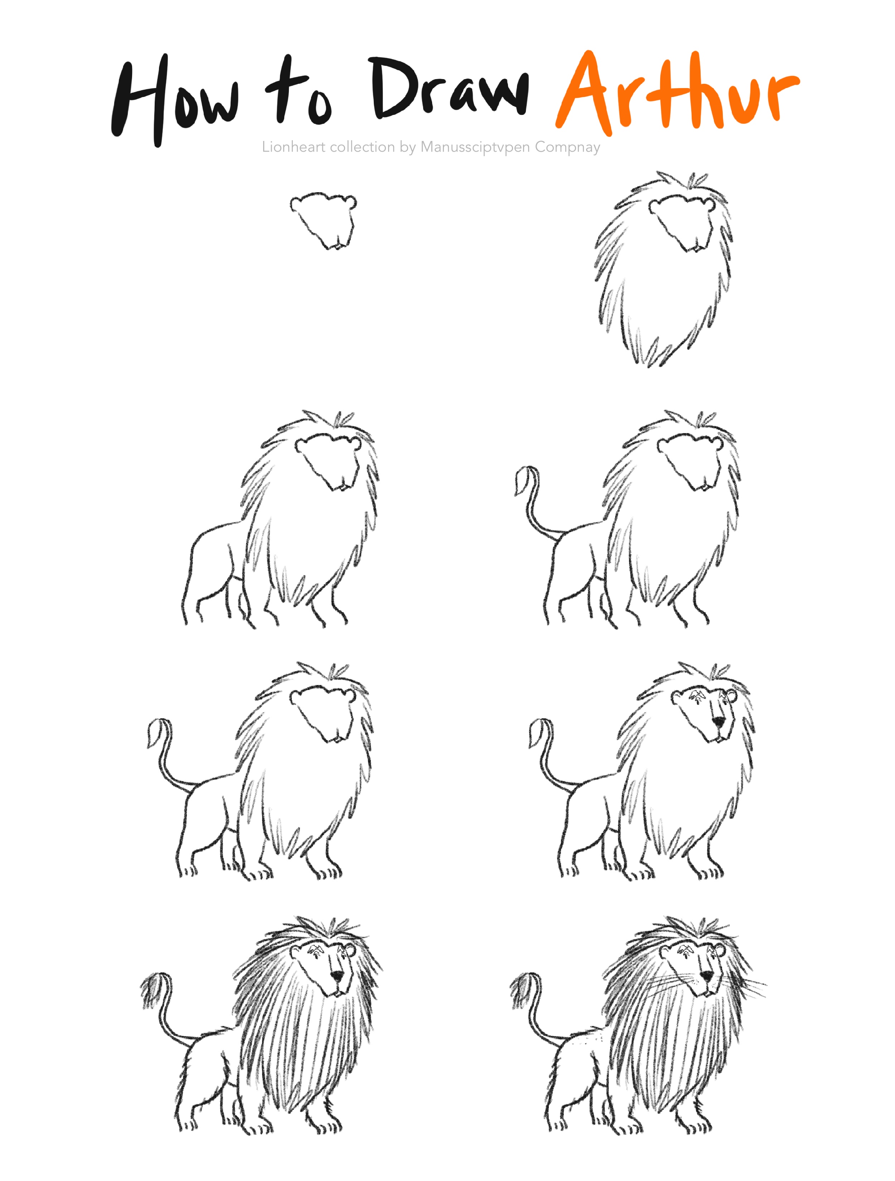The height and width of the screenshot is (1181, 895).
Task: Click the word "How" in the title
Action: click(x=175, y=100)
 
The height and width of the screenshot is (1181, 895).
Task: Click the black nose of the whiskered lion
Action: click(x=706, y=976)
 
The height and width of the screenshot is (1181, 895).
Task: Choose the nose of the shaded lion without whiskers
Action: click(x=337, y=976)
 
